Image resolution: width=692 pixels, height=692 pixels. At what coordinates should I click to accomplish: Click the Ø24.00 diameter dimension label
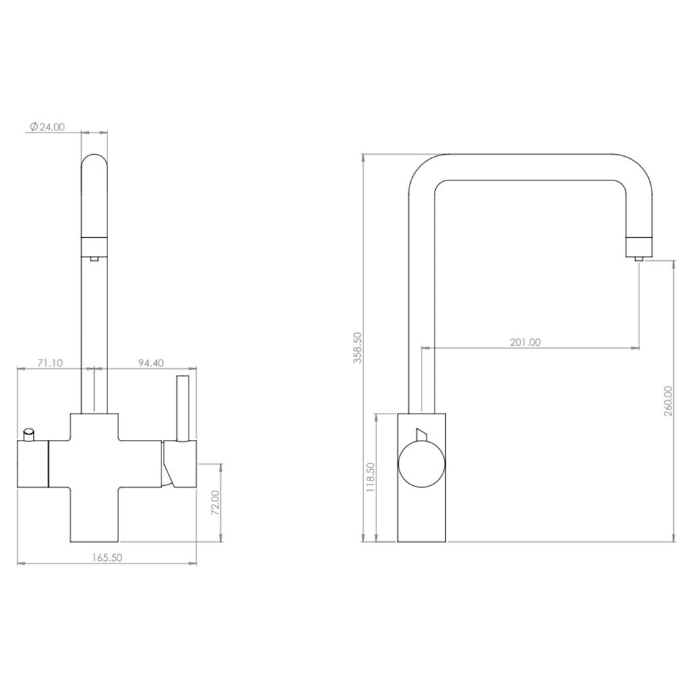pyautogui.click(x=47, y=126)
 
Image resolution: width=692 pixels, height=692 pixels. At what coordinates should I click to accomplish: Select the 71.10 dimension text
pyautogui.click(x=49, y=363)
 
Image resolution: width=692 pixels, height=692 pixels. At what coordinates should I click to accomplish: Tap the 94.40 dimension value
pyautogui.click(x=151, y=363)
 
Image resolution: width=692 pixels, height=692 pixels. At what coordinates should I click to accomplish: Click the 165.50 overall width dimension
pyautogui.click(x=107, y=558)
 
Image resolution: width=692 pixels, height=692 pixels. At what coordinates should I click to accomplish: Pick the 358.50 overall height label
pyautogui.click(x=357, y=347)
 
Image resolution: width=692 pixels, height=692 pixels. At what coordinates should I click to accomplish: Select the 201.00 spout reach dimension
pyautogui.click(x=525, y=342)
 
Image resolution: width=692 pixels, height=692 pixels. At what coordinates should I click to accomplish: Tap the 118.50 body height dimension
pyautogui.click(x=370, y=477)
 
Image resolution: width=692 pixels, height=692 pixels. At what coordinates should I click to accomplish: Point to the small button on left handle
pyautogui.click(x=29, y=433)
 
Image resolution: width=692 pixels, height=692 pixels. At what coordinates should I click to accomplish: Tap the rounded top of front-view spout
pyautogui.click(x=94, y=166)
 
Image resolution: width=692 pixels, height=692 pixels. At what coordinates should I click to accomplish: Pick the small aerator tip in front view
pyautogui.click(x=94, y=256)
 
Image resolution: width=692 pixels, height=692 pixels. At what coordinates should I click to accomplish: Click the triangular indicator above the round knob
pyautogui.click(x=421, y=433)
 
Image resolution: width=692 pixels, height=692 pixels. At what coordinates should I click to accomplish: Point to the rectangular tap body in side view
pyautogui.click(x=421, y=514)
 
